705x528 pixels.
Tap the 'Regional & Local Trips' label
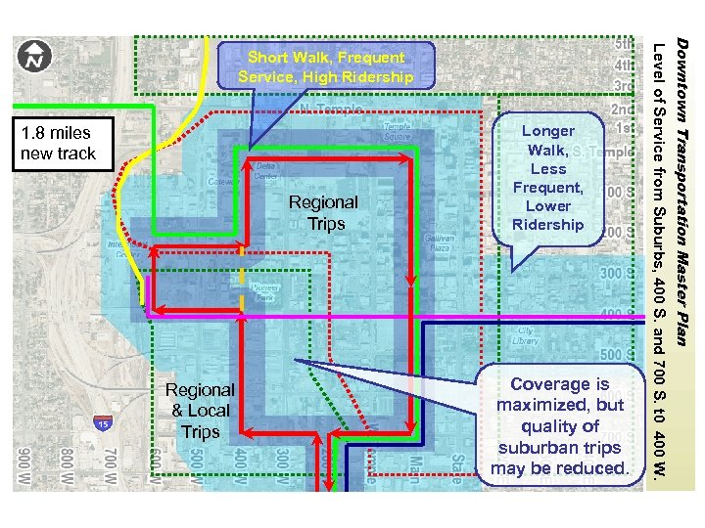point(200,411)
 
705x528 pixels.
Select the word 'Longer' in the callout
point(548,130)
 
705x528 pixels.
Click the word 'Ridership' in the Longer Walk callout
point(548,224)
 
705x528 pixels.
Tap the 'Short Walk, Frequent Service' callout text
point(326,66)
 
